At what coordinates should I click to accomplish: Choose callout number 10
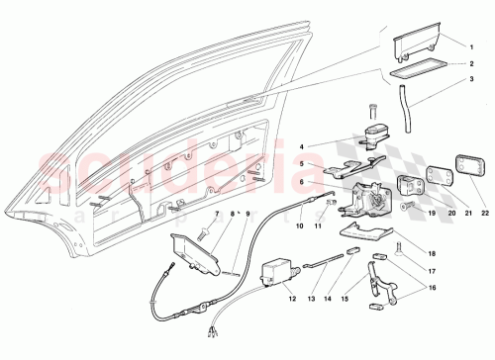click(x=299, y=225)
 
